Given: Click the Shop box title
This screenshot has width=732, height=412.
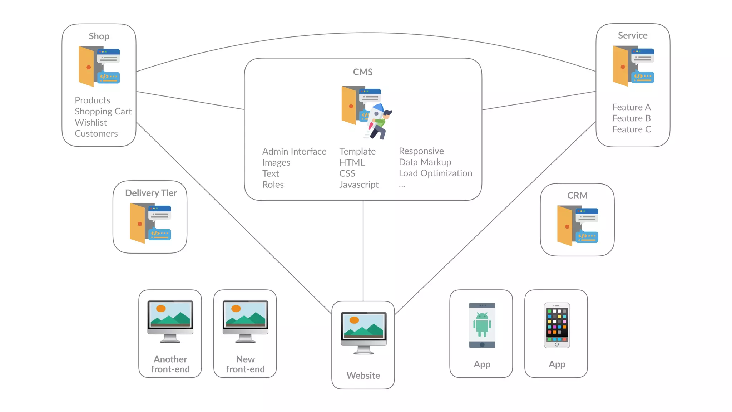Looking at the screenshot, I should click(x=99, y=36).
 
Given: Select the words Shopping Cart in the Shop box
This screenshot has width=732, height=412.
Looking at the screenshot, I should click(x=103, y=111).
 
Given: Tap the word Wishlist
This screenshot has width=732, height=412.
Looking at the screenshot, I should click(x=91, y=122).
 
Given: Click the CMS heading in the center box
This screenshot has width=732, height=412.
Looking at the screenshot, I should click(x=363, y=72).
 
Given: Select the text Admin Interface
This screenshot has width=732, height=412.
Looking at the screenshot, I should click(x=294, y=151).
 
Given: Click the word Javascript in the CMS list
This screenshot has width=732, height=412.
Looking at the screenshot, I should click(x=359, y=185).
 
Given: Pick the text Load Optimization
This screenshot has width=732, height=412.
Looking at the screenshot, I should click(x=435, y=173).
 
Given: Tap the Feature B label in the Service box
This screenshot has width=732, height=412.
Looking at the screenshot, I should click(x=631, y=118).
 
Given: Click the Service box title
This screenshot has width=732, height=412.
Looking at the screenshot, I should click(x=633, y=35).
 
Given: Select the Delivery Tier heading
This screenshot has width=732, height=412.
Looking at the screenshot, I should click(x=151, y=193).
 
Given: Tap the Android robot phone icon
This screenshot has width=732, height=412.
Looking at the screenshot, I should click(x=482, y=325).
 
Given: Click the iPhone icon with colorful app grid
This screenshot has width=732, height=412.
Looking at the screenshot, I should click(x=557, y=325).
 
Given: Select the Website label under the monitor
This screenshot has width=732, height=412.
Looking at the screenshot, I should click(x=363, y=376).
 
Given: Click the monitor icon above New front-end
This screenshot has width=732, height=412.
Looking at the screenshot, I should click(x=245, y=321).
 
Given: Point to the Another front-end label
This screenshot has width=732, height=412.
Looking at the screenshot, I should click(x=170, y=364).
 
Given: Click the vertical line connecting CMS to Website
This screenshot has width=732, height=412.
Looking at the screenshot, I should click(x=363, y=250).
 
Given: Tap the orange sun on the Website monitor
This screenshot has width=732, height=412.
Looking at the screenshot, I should click(x=354, y=320).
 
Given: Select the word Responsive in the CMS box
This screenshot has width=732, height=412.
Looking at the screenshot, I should click(x=421, y=151).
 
